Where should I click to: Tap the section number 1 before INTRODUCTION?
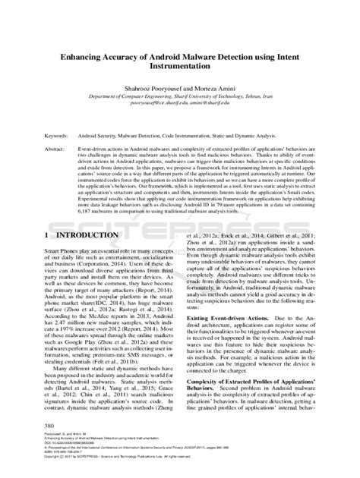tap(47, 237)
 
